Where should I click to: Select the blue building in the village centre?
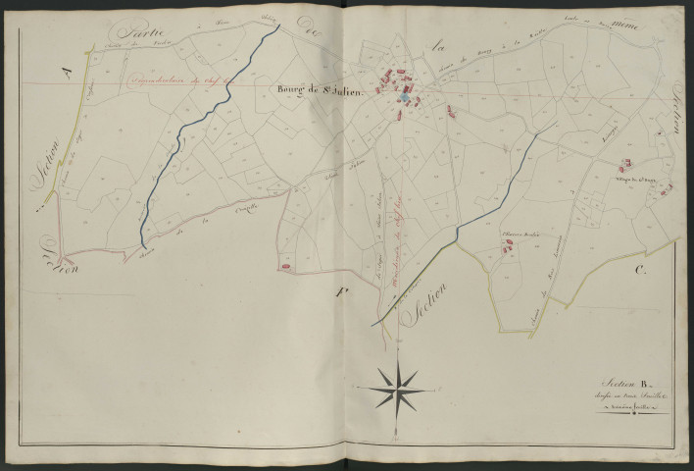(x=402, y=96)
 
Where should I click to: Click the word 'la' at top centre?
(x=440, y=43)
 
